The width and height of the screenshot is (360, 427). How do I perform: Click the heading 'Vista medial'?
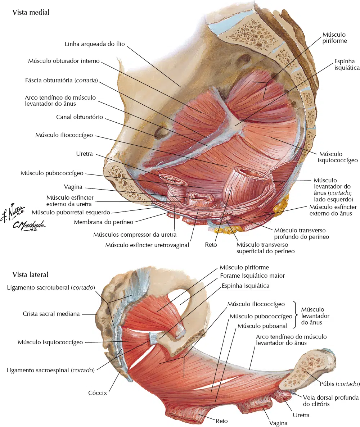(31, 12)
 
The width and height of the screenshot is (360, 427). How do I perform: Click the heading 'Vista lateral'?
(30, 274)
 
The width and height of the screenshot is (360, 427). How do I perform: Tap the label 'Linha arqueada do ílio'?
(95, 44)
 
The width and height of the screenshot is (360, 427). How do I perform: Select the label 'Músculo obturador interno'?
(64, 61)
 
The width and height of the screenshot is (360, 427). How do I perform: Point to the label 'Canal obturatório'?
(80, 117)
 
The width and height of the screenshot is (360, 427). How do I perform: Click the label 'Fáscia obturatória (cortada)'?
(62, 80)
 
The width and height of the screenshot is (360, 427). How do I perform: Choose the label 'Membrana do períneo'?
(104, 222)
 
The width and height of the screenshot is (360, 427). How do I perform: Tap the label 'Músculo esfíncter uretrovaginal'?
(147, 245)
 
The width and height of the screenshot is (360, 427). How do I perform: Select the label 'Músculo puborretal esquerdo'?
(71, 212)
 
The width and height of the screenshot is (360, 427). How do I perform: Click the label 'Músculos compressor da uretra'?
(135, 235)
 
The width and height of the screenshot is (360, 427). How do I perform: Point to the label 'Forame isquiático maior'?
(252, 276)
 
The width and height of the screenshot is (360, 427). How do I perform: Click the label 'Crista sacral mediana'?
(51, 314)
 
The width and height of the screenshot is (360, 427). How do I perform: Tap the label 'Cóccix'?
(98, 393)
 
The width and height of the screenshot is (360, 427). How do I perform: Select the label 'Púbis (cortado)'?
(340, 384)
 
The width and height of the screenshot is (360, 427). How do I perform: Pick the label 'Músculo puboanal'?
(262, 326)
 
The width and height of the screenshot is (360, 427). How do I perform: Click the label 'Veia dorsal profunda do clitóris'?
(331, 401)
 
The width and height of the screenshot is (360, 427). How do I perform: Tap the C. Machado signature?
(29, 226)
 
